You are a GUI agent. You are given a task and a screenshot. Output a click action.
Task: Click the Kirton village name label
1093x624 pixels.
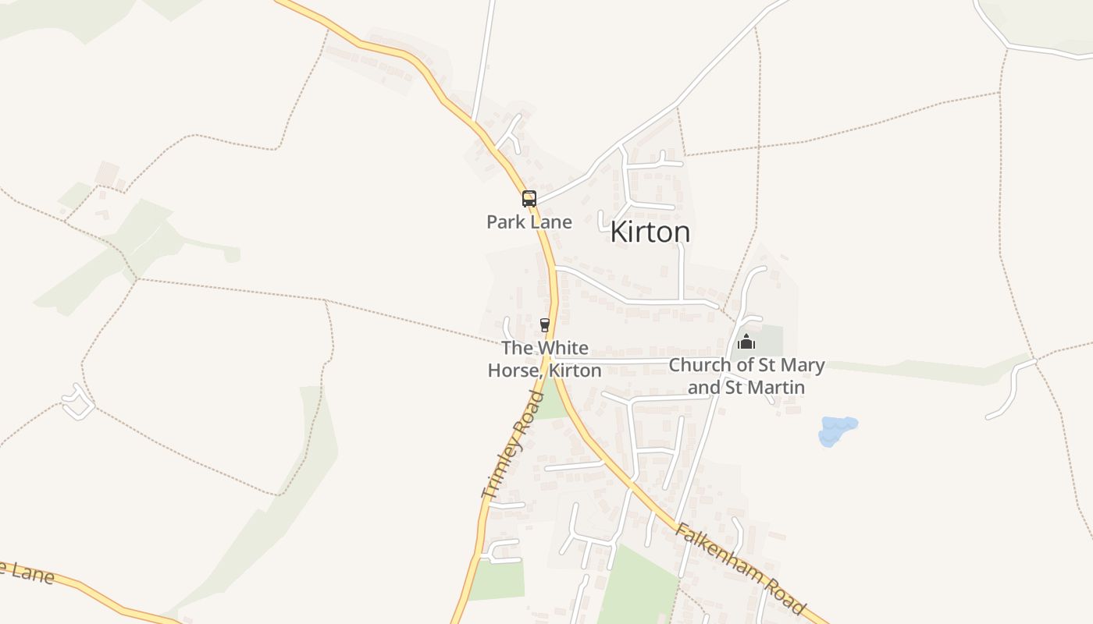[x=650, y=232]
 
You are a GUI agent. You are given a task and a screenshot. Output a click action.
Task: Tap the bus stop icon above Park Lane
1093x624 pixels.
[x=529, y=198]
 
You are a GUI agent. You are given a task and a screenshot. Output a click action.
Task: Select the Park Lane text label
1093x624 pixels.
[x=529, y=222]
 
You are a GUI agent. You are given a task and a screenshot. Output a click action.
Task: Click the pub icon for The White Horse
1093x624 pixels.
[x=545, y=325]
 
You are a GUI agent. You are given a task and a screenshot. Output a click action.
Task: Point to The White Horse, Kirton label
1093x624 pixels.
[x=545, y=359]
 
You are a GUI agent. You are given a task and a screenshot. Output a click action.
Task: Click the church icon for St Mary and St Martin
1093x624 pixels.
[x=746, y=342]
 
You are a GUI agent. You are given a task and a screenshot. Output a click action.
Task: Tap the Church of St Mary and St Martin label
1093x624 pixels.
[x=746, y=375]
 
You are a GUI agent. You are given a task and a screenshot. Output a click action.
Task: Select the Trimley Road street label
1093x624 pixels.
[x=513, y=445]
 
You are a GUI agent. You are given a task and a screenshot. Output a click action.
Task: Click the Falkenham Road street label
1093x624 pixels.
[x=739, y=569]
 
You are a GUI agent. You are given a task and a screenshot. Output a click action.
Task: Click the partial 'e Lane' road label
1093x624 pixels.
[x=27, y=573]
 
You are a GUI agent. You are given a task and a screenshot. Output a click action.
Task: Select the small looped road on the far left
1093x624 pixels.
[x=78, y=402]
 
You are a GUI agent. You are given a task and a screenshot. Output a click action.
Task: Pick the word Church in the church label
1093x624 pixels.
[x=700, y=365]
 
